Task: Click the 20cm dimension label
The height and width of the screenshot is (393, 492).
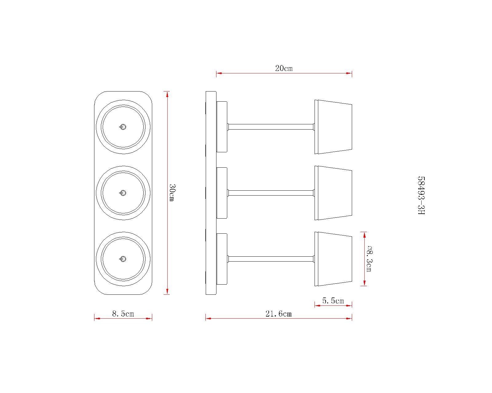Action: [284, 68]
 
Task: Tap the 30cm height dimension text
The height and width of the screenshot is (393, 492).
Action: [172, 193]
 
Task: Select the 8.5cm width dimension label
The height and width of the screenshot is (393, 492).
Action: [123, 314]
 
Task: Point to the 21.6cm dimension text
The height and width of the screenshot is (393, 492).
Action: [279, 314]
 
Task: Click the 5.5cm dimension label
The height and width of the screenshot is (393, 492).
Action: [333, 301]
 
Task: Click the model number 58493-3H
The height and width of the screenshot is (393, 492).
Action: [421, 195]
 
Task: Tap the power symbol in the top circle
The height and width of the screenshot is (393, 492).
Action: [123, 127]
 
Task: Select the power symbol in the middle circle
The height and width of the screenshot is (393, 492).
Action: [123, 193]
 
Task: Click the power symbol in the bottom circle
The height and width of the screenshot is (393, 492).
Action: [123, 259]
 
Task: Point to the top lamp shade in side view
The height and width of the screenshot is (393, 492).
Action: [333, 127]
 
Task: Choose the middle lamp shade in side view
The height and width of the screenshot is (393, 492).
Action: [333, 193]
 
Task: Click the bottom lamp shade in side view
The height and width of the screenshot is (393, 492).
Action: [333, 259]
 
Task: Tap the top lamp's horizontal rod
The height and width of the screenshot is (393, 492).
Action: [271, 127]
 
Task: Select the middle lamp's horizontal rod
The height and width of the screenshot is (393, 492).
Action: [271, 193]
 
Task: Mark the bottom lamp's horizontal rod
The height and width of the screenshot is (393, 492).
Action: [271, 259]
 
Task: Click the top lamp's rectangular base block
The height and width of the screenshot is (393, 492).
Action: [222, 127]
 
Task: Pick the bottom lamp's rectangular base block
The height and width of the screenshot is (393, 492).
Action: [222, 259]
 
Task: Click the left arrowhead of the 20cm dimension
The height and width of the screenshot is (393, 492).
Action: [219, 73]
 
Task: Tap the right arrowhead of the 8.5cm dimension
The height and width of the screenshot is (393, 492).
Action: [149, 319]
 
